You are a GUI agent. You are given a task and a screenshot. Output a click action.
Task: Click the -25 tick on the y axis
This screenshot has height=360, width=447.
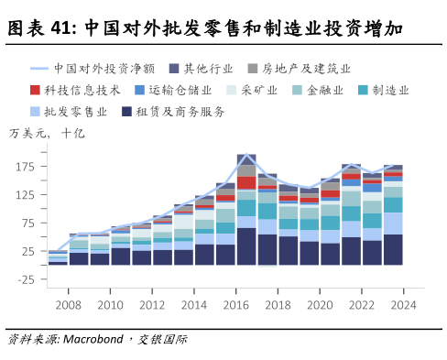[24, 279]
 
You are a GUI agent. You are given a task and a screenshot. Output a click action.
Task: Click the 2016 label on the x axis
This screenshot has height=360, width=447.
[237, 305]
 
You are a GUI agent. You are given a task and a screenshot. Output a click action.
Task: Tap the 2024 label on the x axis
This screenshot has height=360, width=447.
[405, 305]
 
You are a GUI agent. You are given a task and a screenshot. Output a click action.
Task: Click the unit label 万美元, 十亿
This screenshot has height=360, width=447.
[46, 135]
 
